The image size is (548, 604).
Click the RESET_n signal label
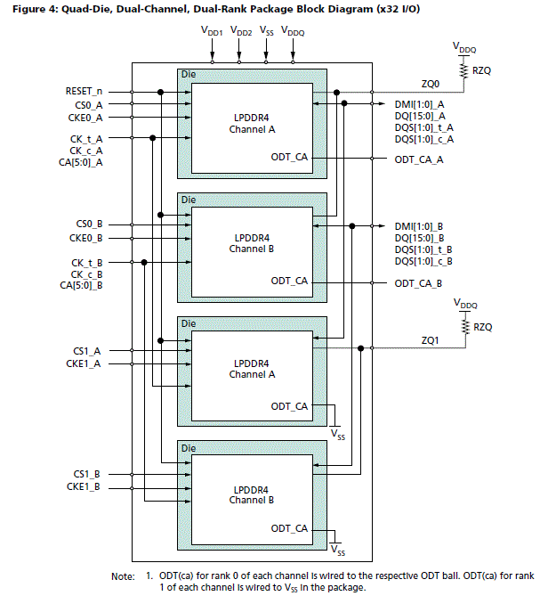[84, 91]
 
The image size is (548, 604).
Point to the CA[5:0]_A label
[81, 162]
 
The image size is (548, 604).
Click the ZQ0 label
[431, 84]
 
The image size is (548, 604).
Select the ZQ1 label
[431, 339]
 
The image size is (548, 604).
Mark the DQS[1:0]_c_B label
[423, 261]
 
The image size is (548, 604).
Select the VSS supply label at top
[266, 32]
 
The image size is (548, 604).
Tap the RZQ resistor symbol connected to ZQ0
[463, 69]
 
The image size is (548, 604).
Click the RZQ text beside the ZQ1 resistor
[482, 327]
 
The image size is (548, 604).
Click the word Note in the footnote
[123, 576]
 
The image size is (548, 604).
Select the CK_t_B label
[86, 263]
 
